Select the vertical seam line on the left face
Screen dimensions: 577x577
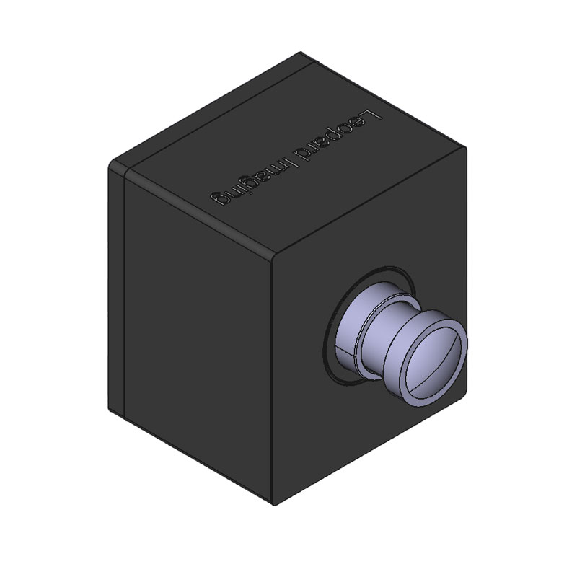[127, 288]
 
